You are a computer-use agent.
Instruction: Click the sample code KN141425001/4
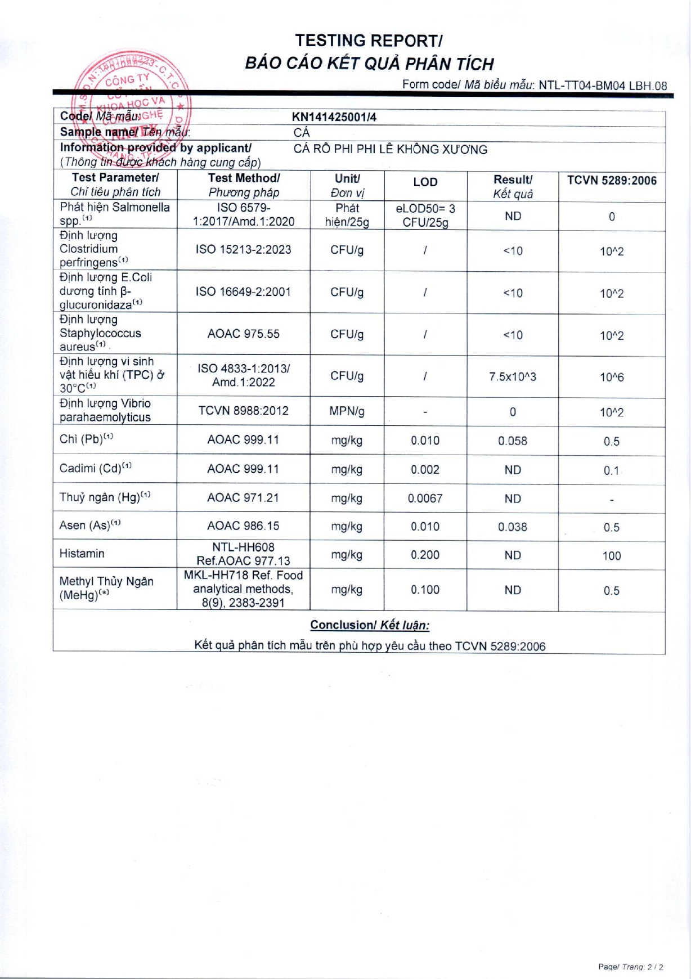pyautogui.click(x=334, y=117)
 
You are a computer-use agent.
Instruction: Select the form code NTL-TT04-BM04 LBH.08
pyautogui.click(x=602, y=86)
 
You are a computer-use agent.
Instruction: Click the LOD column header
pyautogui.click(x=425, y=182)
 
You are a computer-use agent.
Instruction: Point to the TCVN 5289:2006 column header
pyautogui.click(x=612, y=181)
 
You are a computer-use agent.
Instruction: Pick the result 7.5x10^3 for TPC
pyautogui.click(x=512, y=377)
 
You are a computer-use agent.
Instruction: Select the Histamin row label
pyautogui.click(x=82, y=554)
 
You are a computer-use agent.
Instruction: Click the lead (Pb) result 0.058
pyautogui.click(x=512, y=441)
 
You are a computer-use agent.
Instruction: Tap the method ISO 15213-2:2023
pyautogui.click(x=243, y=250)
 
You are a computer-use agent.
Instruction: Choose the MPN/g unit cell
pyautogui.click(x=347, y=411)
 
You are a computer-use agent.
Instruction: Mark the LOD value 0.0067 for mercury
pyautogui.click(x=425, y=499)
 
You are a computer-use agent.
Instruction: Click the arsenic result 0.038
pyautogui.click(x=512, y=527)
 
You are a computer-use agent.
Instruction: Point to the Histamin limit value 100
pyautogui.click(x=611, y=556)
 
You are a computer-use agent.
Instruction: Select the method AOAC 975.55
pyautogui.click(x=243, y=334)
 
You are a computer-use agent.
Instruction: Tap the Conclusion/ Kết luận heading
pyautogui.click(x=369, y=625)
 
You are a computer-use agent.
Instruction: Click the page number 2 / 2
pyautogui.click(x=655, y=967)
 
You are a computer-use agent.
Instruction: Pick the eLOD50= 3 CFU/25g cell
pyautogui.click(x=425, y=215)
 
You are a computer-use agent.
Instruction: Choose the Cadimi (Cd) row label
pyautogui.click(x=96, y=469)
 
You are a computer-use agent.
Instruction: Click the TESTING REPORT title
pyautogui.click(x=369, y=41)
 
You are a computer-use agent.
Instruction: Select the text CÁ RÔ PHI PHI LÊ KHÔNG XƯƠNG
pyautogui.click(x=390, y=150)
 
